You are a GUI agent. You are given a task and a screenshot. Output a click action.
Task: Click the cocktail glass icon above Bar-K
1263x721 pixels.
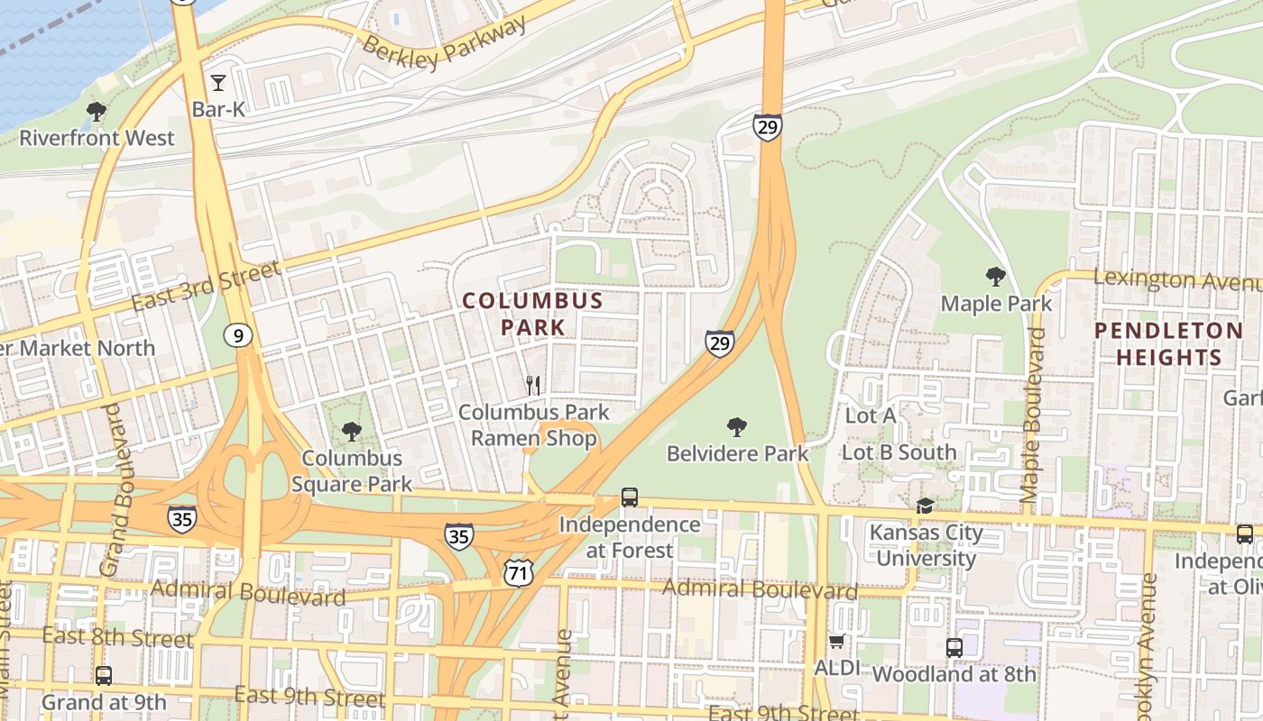pos(218,84)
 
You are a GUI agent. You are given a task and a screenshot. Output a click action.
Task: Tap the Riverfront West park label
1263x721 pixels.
pos(97,138)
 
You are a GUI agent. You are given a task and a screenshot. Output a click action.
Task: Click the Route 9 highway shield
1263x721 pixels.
pos(237,336)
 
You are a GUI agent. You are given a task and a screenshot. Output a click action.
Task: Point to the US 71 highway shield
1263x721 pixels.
pos(519,571)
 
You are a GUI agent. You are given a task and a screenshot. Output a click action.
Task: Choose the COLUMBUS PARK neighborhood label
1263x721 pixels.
pos(533,313)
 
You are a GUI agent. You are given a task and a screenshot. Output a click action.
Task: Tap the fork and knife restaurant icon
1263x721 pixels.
pos(533,386)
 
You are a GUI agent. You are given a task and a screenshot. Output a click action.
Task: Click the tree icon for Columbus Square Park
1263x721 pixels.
pos(352,432)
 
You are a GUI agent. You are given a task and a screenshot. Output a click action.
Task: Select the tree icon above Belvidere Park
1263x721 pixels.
pos(737,426)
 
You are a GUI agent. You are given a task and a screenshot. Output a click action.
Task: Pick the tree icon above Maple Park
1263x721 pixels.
pos(996,277)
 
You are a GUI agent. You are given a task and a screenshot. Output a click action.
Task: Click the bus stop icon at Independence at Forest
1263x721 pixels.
pos(630,497)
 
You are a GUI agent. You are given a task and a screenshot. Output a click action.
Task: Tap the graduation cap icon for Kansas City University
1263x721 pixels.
pos(925,506)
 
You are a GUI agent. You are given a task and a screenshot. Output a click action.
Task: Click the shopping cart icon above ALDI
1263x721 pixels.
pos(836,642)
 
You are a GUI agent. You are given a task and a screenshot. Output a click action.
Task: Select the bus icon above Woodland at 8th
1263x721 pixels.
pos(954,647)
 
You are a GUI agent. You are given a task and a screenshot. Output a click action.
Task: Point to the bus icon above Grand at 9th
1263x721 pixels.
pos(104,675)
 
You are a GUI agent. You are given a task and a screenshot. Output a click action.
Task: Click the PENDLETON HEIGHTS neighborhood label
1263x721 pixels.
pos(1168,343)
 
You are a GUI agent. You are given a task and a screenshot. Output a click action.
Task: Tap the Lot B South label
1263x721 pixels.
pos(899,452)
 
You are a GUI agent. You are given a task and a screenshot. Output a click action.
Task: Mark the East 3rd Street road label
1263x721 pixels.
pos(207,286)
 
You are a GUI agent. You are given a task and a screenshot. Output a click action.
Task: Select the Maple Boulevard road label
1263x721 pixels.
pos(1034,415)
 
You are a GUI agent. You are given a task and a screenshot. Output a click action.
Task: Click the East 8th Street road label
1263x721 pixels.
pos(117,638)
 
